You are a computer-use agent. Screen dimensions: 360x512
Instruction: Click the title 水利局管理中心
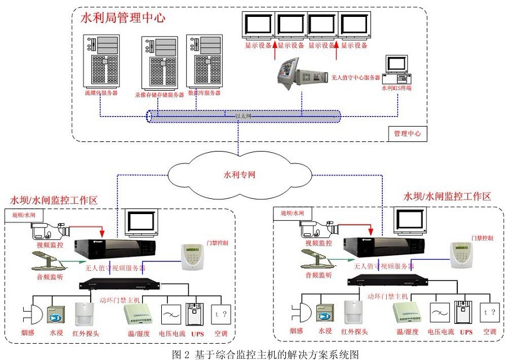(123, 17)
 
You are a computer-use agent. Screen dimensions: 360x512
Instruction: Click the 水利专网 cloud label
(240, 175)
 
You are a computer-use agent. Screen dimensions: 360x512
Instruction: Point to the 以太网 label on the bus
(242, 116)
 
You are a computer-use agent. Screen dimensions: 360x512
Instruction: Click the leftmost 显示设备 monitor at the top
(258, 26)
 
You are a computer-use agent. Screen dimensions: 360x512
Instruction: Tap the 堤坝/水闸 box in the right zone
(293, 213)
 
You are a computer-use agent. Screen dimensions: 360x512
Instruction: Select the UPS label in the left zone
(198, 333)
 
